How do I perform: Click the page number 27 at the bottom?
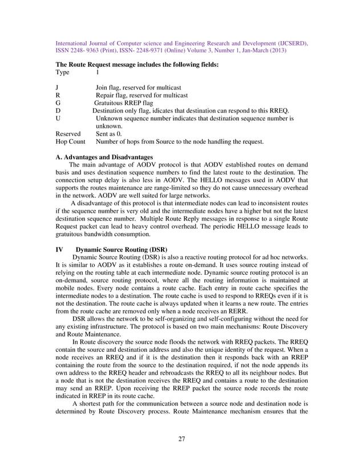point(181,438)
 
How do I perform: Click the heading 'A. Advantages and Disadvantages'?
point(104,157)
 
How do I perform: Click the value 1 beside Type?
point(98,72)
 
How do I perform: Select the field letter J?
point(57,87)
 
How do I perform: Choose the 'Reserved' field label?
point(68,133)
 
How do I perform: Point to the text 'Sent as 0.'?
point(109,133)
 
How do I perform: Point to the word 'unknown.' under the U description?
point(109,125)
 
